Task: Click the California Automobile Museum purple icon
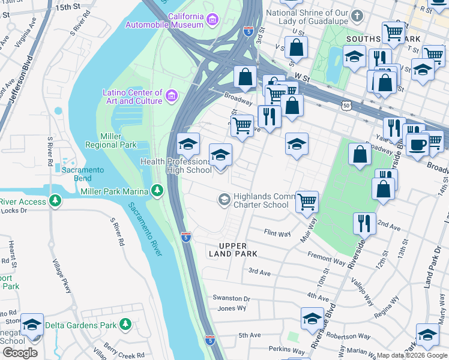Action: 212,20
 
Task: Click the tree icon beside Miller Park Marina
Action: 157,190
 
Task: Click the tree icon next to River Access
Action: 55,200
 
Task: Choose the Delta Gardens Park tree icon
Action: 125,325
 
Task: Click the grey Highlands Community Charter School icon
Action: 224,199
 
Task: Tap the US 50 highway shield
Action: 346,105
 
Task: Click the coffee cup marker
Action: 417,144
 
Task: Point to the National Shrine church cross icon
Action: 358,15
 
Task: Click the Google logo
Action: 20,352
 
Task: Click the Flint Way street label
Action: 277,232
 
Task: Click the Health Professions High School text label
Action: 176,166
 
